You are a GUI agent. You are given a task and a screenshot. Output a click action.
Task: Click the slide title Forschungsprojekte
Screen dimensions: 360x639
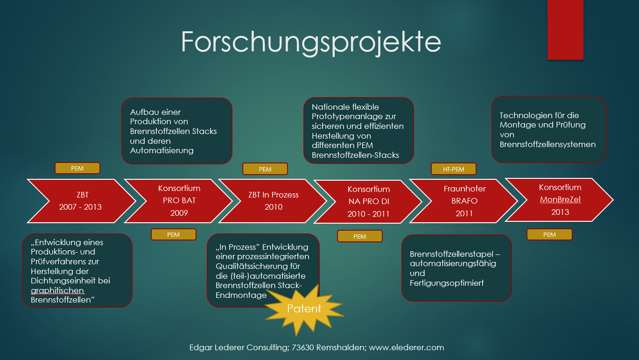click(311, 42)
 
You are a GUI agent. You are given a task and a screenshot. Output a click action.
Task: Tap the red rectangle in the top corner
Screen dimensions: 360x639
click(565, 30)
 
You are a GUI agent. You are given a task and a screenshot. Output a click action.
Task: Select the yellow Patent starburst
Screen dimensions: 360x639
click(304, 309)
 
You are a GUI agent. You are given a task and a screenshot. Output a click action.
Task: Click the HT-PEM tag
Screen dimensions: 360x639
click(453, 169)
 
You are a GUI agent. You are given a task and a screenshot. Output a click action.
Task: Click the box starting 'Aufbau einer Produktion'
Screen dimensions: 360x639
click(176, 131)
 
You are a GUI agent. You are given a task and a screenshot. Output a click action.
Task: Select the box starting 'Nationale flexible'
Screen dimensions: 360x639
click(358, 131)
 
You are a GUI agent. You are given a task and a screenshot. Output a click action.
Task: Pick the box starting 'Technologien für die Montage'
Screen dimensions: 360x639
click(548, 129)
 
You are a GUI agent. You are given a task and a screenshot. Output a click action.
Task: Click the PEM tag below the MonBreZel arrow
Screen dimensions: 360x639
click(549, 234)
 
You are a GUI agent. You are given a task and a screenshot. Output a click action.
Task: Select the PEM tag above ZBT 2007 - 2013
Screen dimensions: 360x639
click(77, 169)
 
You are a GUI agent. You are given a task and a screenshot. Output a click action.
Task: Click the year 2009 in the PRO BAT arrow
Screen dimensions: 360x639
click(179, 213)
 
